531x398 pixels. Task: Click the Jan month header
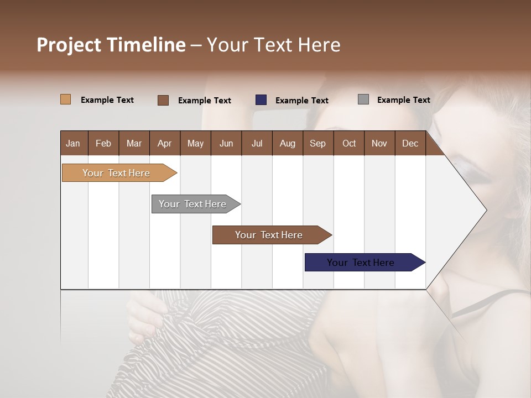click(74, 143)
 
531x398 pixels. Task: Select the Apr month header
click(165, 143)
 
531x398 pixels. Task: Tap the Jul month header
click(257, 143)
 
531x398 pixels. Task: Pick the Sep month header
click(317, 143)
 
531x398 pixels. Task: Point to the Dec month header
click(410, 143)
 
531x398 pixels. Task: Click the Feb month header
click(103, 143)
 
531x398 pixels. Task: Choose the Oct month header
click(349, 143)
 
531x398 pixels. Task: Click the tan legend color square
click(65, 99)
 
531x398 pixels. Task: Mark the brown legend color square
click(163, 100)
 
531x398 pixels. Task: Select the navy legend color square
click(261, 100)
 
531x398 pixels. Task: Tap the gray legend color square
click(363, 99)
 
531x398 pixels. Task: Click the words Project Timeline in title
click(111, 45)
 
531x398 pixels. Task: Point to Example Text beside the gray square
click(403, 100)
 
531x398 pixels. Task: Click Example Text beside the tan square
click(107, 100)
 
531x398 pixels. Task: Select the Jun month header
click(226, 143)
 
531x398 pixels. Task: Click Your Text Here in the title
click(274, 45)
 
